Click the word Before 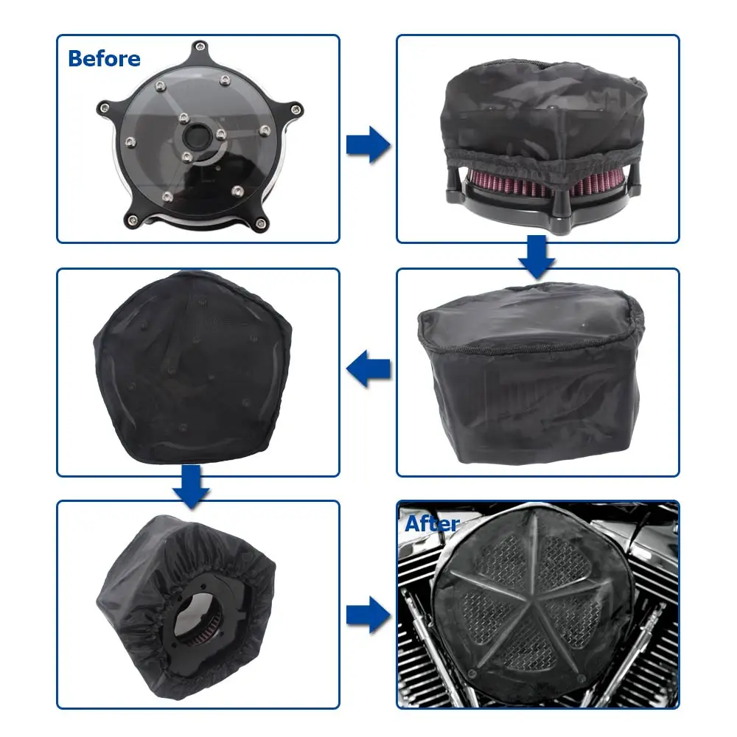[x=104, y=58]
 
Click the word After [x=432, y=524]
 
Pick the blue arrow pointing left [x=368, y=368]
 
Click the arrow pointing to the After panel [x=368, y=611]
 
